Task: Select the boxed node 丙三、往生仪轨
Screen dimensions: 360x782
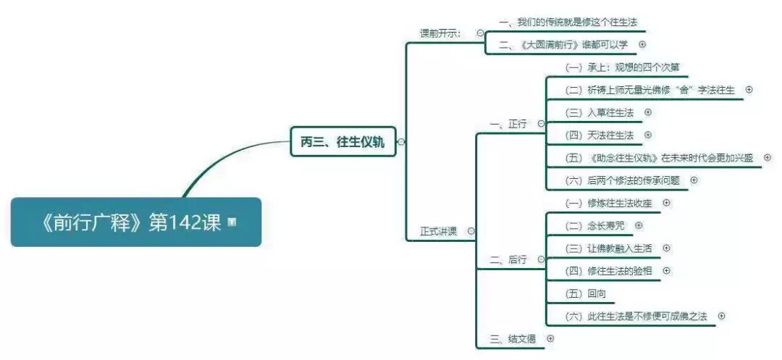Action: click(342, 142)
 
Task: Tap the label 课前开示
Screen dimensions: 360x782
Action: click(440, 33)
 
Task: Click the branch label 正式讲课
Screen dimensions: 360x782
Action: click(439, 231)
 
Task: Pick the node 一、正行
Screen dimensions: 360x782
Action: click(508, 124)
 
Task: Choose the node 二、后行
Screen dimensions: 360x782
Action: click(508, 259)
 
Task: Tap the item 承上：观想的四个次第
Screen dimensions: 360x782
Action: click(622, 67)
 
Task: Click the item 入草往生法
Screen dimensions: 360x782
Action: click(600, 112)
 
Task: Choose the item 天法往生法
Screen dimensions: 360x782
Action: click(600, 135)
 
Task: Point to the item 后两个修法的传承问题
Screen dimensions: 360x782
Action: click(623, 180)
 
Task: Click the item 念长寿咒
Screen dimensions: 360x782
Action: click(594, 225)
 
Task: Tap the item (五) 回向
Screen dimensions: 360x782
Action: click(586, 293)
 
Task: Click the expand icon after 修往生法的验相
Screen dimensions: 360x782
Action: click(667, 270)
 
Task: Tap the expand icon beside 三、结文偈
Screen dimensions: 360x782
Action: click(550, 338)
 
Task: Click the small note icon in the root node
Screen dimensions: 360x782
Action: click(232, 222)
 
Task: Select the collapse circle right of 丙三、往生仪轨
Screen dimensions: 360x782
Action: click(401, 142)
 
